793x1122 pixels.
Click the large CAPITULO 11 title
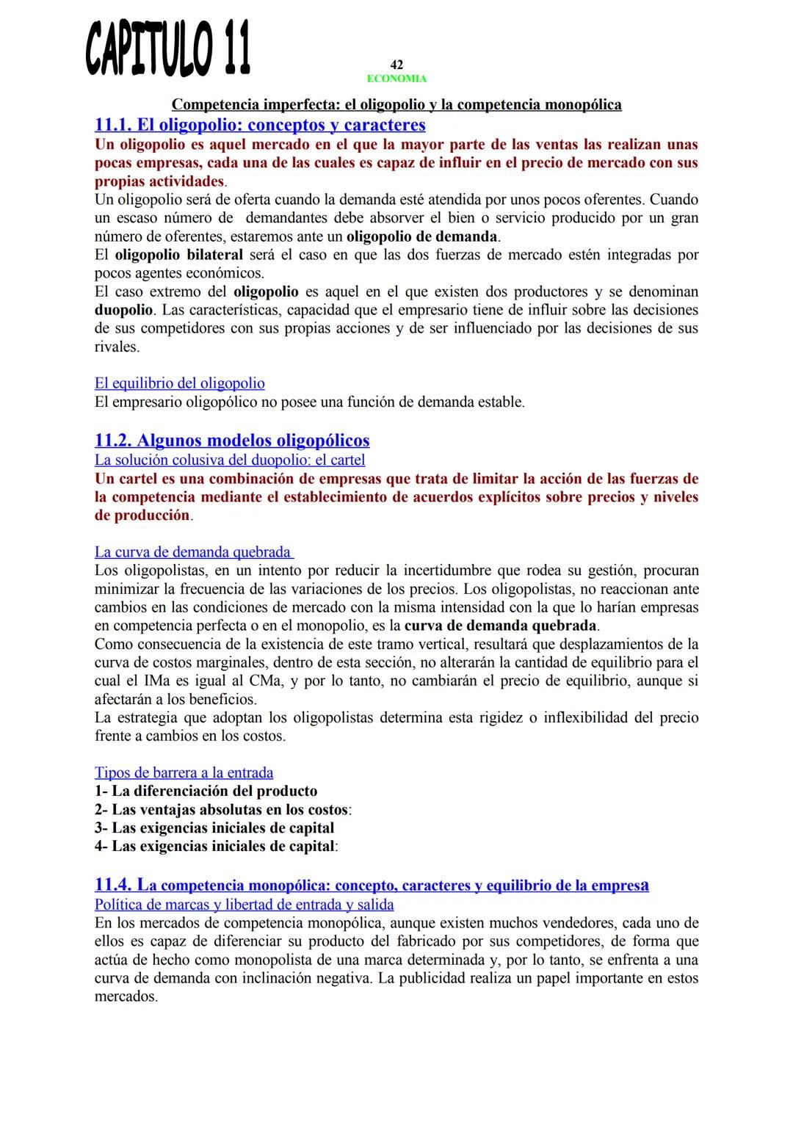coord(167,49)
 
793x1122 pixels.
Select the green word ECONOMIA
coord(396,79)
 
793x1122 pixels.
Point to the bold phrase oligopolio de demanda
coord(421,236)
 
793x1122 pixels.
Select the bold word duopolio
coord(123,310)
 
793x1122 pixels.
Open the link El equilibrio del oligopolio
coord(180,383)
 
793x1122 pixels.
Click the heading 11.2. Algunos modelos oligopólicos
coord(232,441)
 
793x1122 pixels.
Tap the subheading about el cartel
coord(230,460)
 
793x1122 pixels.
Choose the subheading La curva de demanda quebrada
coord(193,552)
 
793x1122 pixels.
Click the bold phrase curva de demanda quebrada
coord(501,626)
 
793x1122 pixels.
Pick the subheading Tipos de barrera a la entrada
coord(184,772)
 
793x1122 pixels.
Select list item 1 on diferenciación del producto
coord(206,791)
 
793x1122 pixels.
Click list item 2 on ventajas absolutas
coord(222,809)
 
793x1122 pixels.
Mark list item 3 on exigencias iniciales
coord(214,828)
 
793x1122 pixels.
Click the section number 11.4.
coord(114,885)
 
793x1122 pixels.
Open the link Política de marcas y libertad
coord(245,905)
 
